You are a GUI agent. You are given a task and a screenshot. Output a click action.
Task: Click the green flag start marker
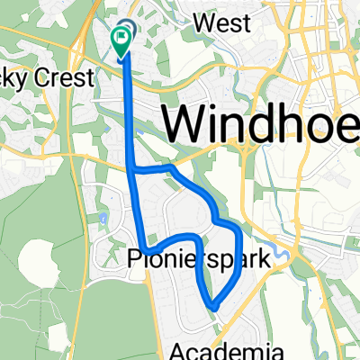120,38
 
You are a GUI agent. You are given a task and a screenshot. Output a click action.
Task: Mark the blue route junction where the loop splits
134,168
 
